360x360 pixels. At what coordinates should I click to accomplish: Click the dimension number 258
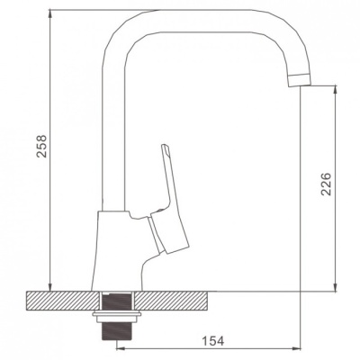point(41,146)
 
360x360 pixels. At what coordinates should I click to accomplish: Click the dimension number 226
point(326,184)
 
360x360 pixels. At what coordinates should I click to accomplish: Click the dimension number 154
point(212,341)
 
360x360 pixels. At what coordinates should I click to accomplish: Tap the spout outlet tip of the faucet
point(300,84)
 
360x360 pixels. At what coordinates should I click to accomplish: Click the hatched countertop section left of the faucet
point(63,301)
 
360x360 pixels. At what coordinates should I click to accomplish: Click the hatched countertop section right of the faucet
point(170,301)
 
